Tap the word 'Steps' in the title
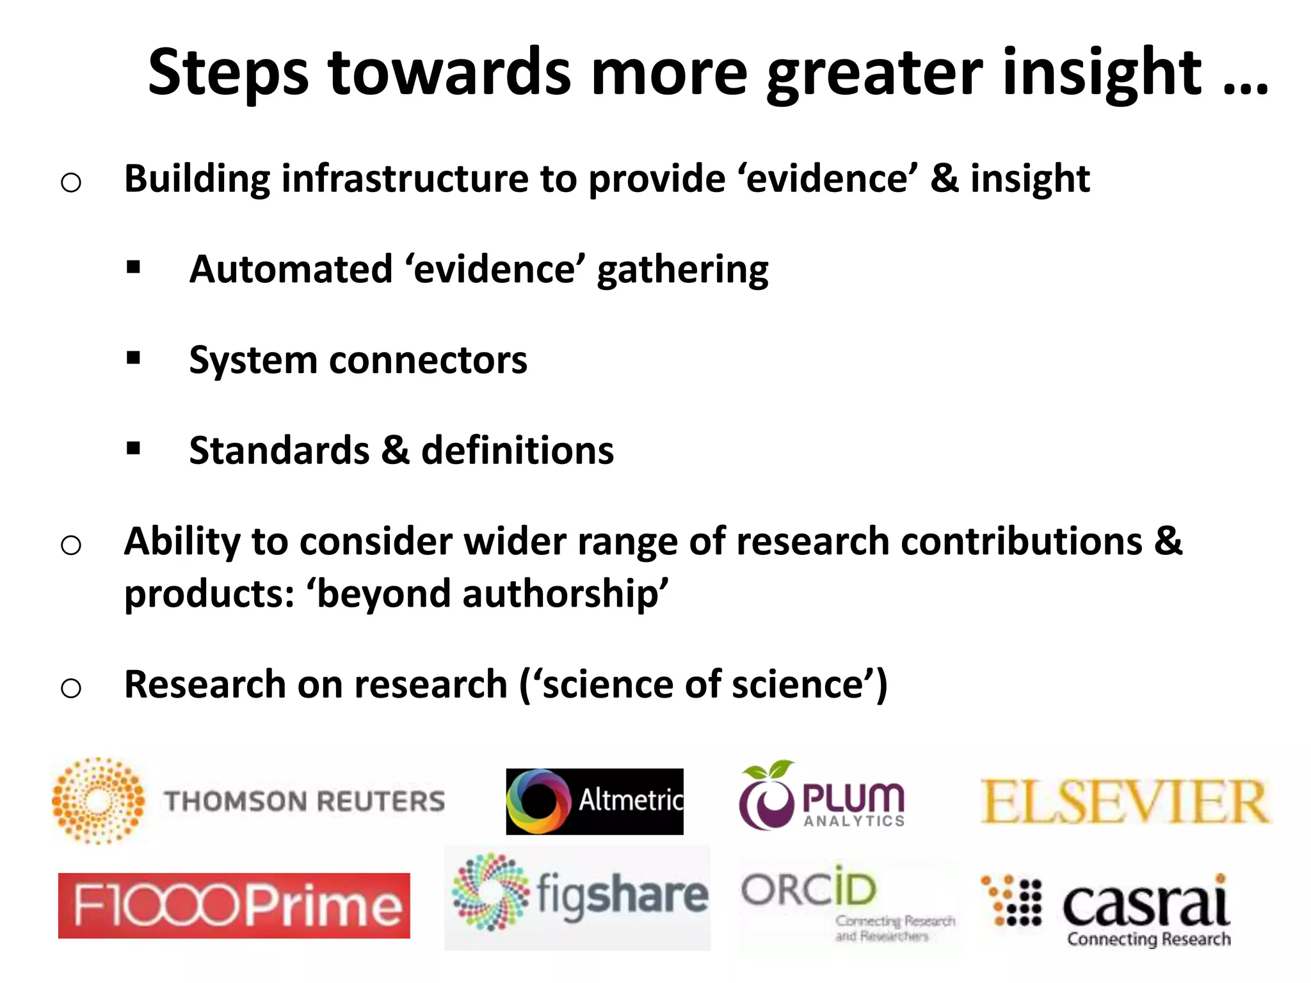(x=228, y=73)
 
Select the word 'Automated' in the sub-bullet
(x=291, y=269)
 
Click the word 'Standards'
(x=279, y=451)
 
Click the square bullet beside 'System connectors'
(x=133, y=358)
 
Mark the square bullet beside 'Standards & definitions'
(x=133, y=449)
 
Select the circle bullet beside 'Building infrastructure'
(x=71, y=182)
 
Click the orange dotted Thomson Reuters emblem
(x=98, y=801)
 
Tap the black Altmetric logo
(x=594, y=801)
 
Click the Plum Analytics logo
(x=822, y=797)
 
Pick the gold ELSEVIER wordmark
(x=1125, y=803)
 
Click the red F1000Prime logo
(x=234, y=906)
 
